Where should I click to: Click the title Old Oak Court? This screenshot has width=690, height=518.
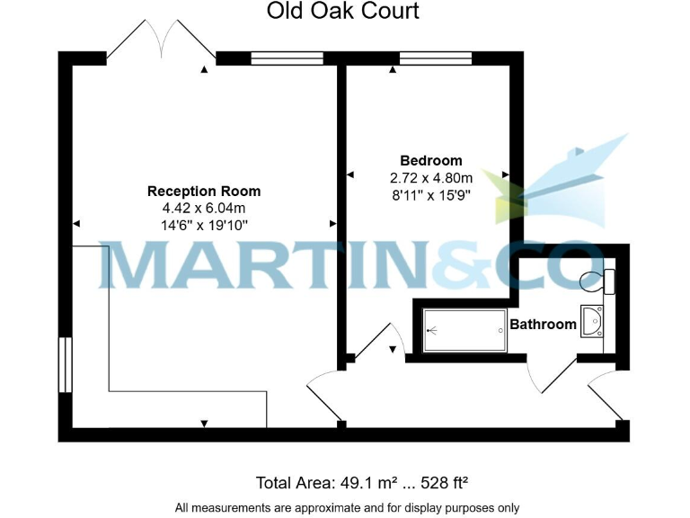click(x=343, y=13)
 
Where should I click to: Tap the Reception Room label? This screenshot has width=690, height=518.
click(x=204, y=191)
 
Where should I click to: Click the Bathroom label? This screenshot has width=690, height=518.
click(x=543, y=324)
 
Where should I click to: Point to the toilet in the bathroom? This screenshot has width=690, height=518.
click(x=597, y=280)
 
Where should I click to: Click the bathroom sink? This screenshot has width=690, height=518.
click(x=593, y=320)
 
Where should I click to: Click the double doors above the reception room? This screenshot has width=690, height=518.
click(x=161, y=40)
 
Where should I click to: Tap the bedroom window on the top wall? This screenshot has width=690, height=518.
click(x=435, y=58)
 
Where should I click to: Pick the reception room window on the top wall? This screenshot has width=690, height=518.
click(x=286, y=58)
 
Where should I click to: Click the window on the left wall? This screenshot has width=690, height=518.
click(x=65, y=363)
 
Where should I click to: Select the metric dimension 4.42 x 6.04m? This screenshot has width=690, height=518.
click(x=204, y=208)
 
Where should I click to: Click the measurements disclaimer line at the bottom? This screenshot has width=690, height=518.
click(x=347, y=507)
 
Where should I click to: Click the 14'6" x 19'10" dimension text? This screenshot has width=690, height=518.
click(x=204, y=225)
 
